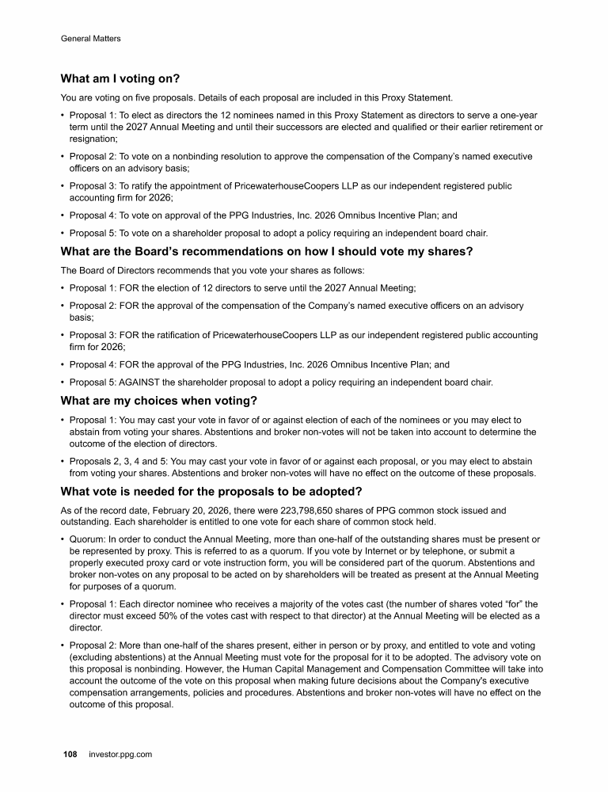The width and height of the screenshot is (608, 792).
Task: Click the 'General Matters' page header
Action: [x=90, y=38]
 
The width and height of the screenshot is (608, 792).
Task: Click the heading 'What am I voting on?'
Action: [x=120, y=79]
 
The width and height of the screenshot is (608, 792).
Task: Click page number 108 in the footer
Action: [x=70, y=755]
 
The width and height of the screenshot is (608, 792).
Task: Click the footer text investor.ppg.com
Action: [x=120, y=755]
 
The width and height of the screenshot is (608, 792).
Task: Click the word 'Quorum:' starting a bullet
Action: [x=88, y=539]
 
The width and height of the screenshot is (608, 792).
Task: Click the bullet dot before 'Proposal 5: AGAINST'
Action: [x=63, y=383]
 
